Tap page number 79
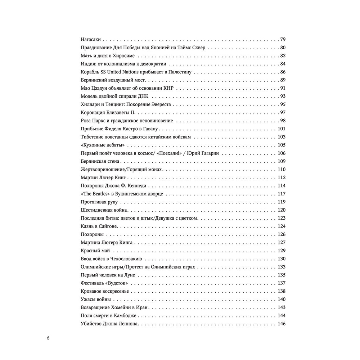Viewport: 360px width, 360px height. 282,39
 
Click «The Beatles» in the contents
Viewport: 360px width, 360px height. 95,194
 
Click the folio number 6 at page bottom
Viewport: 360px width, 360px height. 48,338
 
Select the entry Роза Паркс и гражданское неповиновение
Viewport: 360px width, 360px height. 127,121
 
